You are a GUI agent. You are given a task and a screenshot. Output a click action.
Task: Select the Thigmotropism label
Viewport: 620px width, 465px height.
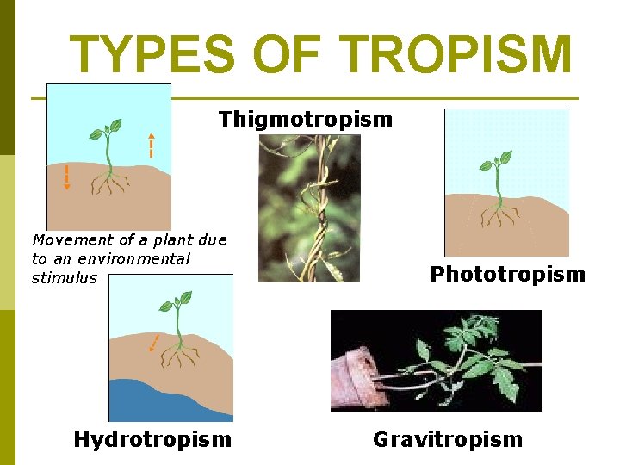click(305, 119)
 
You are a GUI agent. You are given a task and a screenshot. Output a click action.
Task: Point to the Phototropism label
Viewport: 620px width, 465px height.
click(507, 275)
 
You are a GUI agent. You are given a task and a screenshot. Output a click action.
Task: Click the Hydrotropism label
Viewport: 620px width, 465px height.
click(152, 440)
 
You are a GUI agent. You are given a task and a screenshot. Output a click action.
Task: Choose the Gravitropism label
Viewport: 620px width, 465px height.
click(447, 440)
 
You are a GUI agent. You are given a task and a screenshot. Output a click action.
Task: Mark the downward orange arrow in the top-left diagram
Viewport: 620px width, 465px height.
click(67, 176)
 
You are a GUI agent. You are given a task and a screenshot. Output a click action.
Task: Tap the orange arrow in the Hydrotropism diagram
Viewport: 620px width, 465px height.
click(153, 344)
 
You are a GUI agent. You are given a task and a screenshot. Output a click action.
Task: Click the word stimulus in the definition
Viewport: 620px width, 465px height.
click(65, 278)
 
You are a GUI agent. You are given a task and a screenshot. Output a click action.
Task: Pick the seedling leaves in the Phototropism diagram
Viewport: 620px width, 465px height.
click(497, 161)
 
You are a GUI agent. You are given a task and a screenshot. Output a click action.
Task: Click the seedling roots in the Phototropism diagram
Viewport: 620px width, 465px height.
click(497, 214)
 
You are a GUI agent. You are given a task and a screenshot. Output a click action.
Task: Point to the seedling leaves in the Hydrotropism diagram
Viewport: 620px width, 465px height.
click(178, 301)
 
